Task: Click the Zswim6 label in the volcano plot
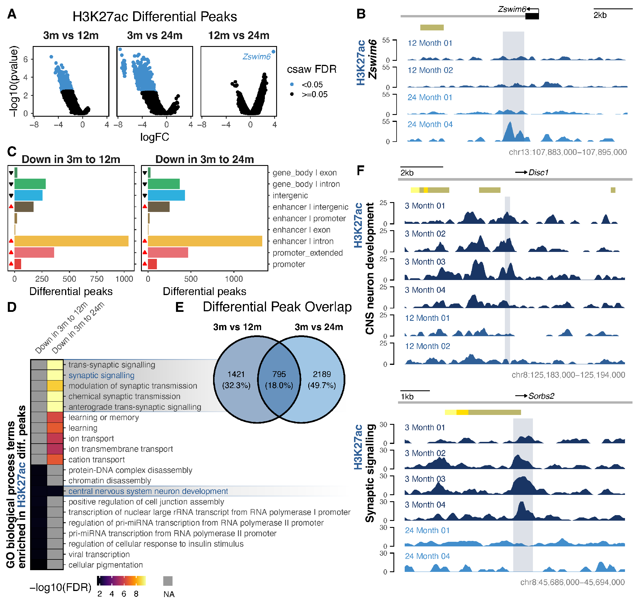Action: (256, 56)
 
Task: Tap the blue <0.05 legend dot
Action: (292, 85)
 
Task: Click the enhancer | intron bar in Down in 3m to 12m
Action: (71, 241)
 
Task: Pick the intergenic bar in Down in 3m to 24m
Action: (166, 195)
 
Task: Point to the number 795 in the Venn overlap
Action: (279, 374)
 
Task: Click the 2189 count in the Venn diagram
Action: (322, 374)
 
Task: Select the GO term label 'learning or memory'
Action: (104, 417)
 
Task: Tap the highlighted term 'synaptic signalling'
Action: (101, 375)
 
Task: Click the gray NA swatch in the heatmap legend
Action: (168, 581)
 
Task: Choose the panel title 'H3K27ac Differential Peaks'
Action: (155, 17)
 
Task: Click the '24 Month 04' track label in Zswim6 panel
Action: (430, 125)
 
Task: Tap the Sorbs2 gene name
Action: (541, 396)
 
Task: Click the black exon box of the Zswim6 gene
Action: (532, 16)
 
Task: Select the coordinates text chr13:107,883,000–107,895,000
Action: (567, 152)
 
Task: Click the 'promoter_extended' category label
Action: (307, 253)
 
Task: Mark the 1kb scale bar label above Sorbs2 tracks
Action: (407, 396)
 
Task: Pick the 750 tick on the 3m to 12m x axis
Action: (97, 279)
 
